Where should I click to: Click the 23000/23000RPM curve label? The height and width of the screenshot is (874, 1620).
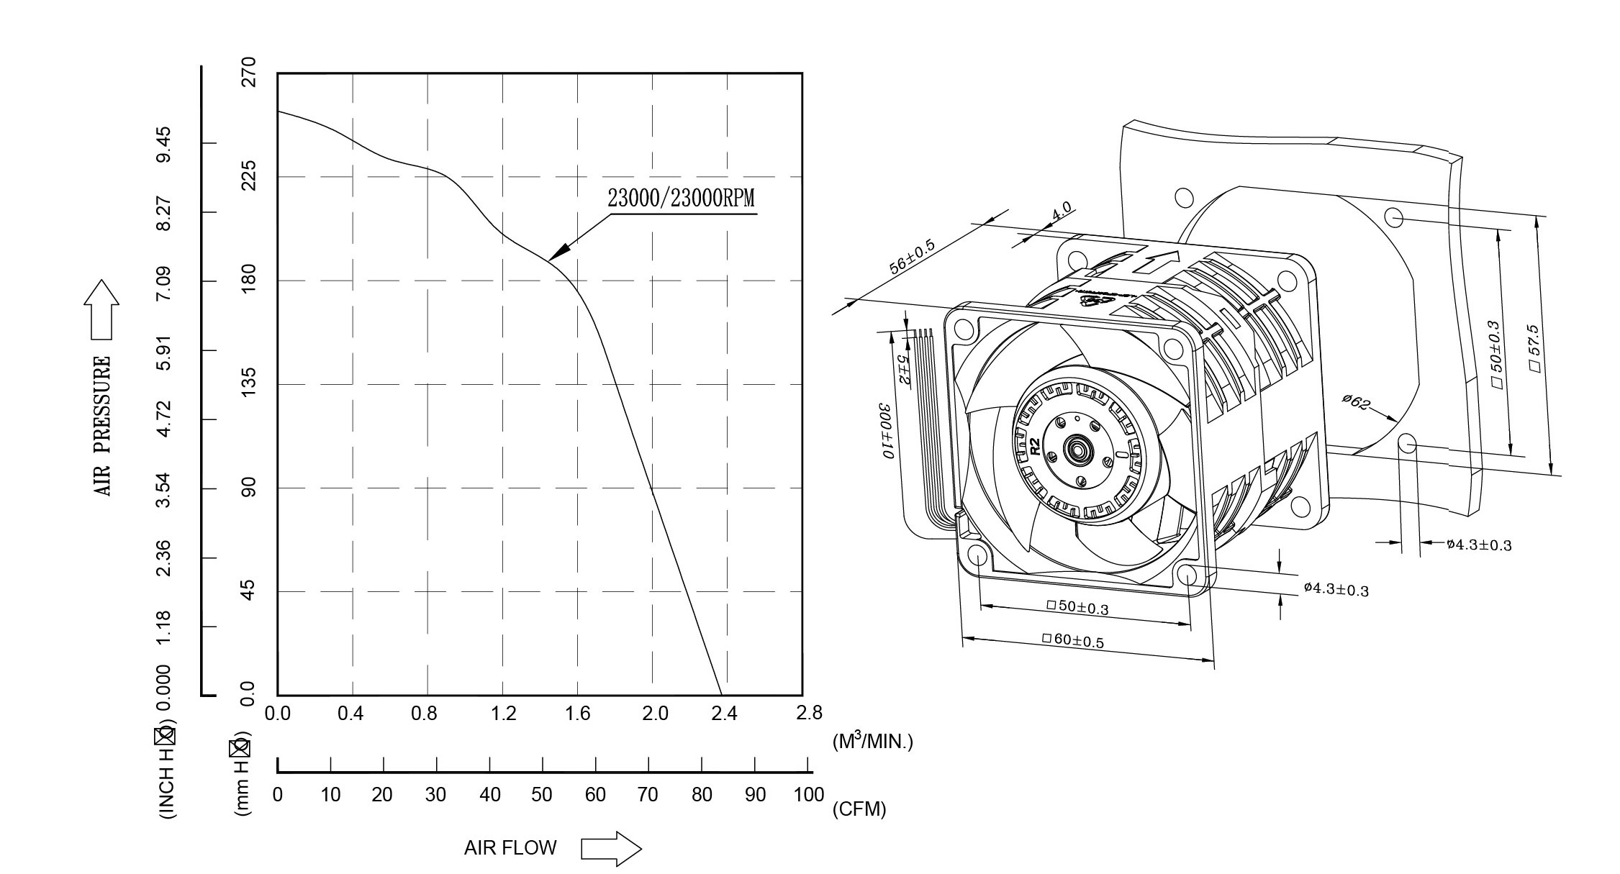point(681,198)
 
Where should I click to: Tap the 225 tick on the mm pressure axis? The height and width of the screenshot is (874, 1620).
point(248,176)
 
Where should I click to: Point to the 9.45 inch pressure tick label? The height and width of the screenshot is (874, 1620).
point(164,143)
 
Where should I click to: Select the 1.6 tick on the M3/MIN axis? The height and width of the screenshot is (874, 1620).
point(577,714)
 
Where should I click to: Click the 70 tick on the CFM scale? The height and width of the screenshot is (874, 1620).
point(648,795)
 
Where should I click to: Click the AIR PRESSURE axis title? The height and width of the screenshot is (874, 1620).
point(103,426)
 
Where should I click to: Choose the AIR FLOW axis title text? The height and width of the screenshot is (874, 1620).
point(510,848)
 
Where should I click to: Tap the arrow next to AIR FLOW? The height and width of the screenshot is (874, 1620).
point(611,849)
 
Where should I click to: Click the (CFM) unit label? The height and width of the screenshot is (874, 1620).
point(859,809)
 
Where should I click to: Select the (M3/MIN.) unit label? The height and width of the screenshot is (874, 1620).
point(872,742)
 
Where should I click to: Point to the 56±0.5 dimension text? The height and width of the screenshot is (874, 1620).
point(912,257)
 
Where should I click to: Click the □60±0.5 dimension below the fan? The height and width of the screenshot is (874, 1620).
point(1072,639)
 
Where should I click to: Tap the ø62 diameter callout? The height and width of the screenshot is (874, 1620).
point(1356,402)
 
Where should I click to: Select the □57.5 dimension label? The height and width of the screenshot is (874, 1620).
point(1534,348)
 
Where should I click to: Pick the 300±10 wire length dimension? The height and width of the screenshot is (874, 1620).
point(886,432)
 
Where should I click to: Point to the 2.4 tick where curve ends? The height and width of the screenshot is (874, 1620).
point(724,714)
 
